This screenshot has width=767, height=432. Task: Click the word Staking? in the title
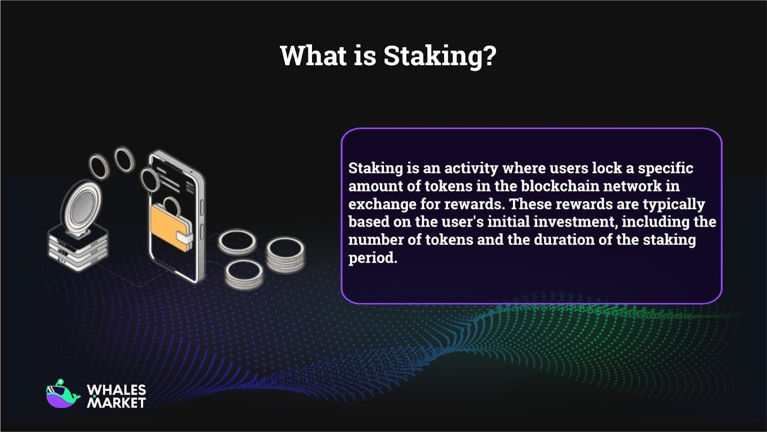440,56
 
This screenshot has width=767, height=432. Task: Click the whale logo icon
62,394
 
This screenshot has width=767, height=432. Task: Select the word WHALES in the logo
116,390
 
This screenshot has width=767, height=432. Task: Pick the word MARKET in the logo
116,403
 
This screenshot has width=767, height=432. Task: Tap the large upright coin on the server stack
82,207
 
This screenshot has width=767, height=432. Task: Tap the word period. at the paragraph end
372,258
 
